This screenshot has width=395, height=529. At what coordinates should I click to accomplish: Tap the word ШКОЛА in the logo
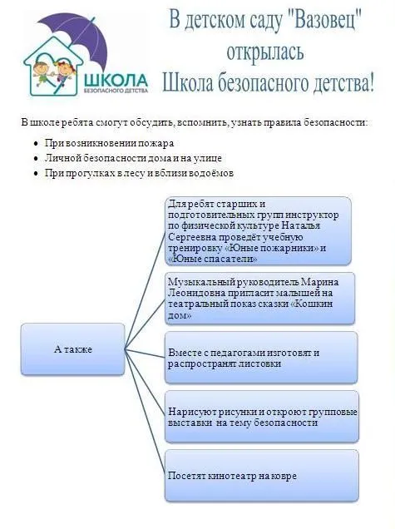(116, 81)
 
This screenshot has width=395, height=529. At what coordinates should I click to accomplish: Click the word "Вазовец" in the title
(326, 19)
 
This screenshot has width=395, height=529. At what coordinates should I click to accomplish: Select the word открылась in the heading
(265, 52)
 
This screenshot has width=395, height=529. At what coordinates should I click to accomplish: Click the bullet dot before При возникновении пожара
(36, 144)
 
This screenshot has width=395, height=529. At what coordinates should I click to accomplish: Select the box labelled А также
(73, 349)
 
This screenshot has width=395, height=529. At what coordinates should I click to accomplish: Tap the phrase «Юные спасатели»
(213, 260)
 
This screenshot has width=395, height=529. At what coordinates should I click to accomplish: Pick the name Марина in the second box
(320, 282)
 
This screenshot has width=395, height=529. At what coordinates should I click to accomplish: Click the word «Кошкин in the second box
(311, 304)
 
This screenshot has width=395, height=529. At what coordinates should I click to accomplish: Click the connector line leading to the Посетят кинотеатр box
(145, 413)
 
